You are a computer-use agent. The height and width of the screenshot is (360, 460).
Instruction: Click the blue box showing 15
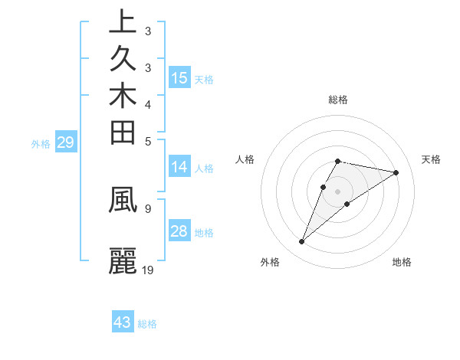(179, 77)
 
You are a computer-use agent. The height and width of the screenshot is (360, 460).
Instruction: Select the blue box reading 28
(179, 232)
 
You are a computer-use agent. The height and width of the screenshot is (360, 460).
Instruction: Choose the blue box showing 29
(65, 142)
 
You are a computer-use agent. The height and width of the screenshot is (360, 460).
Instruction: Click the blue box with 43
(123, 322)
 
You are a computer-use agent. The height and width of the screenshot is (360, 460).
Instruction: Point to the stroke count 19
(148, 270)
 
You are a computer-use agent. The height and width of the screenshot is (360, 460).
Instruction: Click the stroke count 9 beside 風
(147, 208)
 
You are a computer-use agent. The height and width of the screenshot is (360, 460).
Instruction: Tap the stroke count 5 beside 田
(147, 141)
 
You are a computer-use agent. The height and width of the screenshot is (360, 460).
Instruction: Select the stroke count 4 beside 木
(147, 104)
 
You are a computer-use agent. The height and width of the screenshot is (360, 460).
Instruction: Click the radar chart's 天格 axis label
(432, 159)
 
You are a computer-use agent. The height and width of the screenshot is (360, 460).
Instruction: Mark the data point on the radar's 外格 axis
(302, 242)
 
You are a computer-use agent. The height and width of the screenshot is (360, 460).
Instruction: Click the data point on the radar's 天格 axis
(396, 172)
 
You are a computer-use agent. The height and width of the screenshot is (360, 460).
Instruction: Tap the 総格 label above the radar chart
(338, 100)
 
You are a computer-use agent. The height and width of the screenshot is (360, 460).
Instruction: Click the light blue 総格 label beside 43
(147, 324)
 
